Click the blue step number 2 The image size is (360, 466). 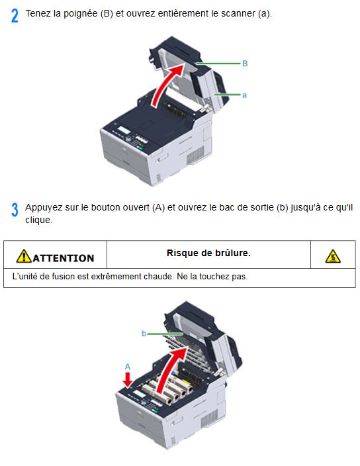(x=15, y=16)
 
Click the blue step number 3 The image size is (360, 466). (x=15, y=210)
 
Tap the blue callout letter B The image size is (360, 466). (x=245, y=64)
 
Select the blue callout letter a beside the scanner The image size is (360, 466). (x=244, y=95)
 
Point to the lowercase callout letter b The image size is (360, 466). (x=144, y=334)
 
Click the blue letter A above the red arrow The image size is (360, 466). (x=128, y=367)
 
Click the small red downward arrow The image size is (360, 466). (x=128, y=380)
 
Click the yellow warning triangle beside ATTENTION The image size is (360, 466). (x=24, y=256)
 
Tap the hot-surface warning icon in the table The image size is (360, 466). (x=333, y=256)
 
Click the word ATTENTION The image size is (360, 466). (x=64, y=258)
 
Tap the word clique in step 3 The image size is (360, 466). (x=38, y=220)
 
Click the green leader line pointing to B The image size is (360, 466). (x=218, y=64)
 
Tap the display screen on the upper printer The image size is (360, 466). (x=125, y=130)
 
